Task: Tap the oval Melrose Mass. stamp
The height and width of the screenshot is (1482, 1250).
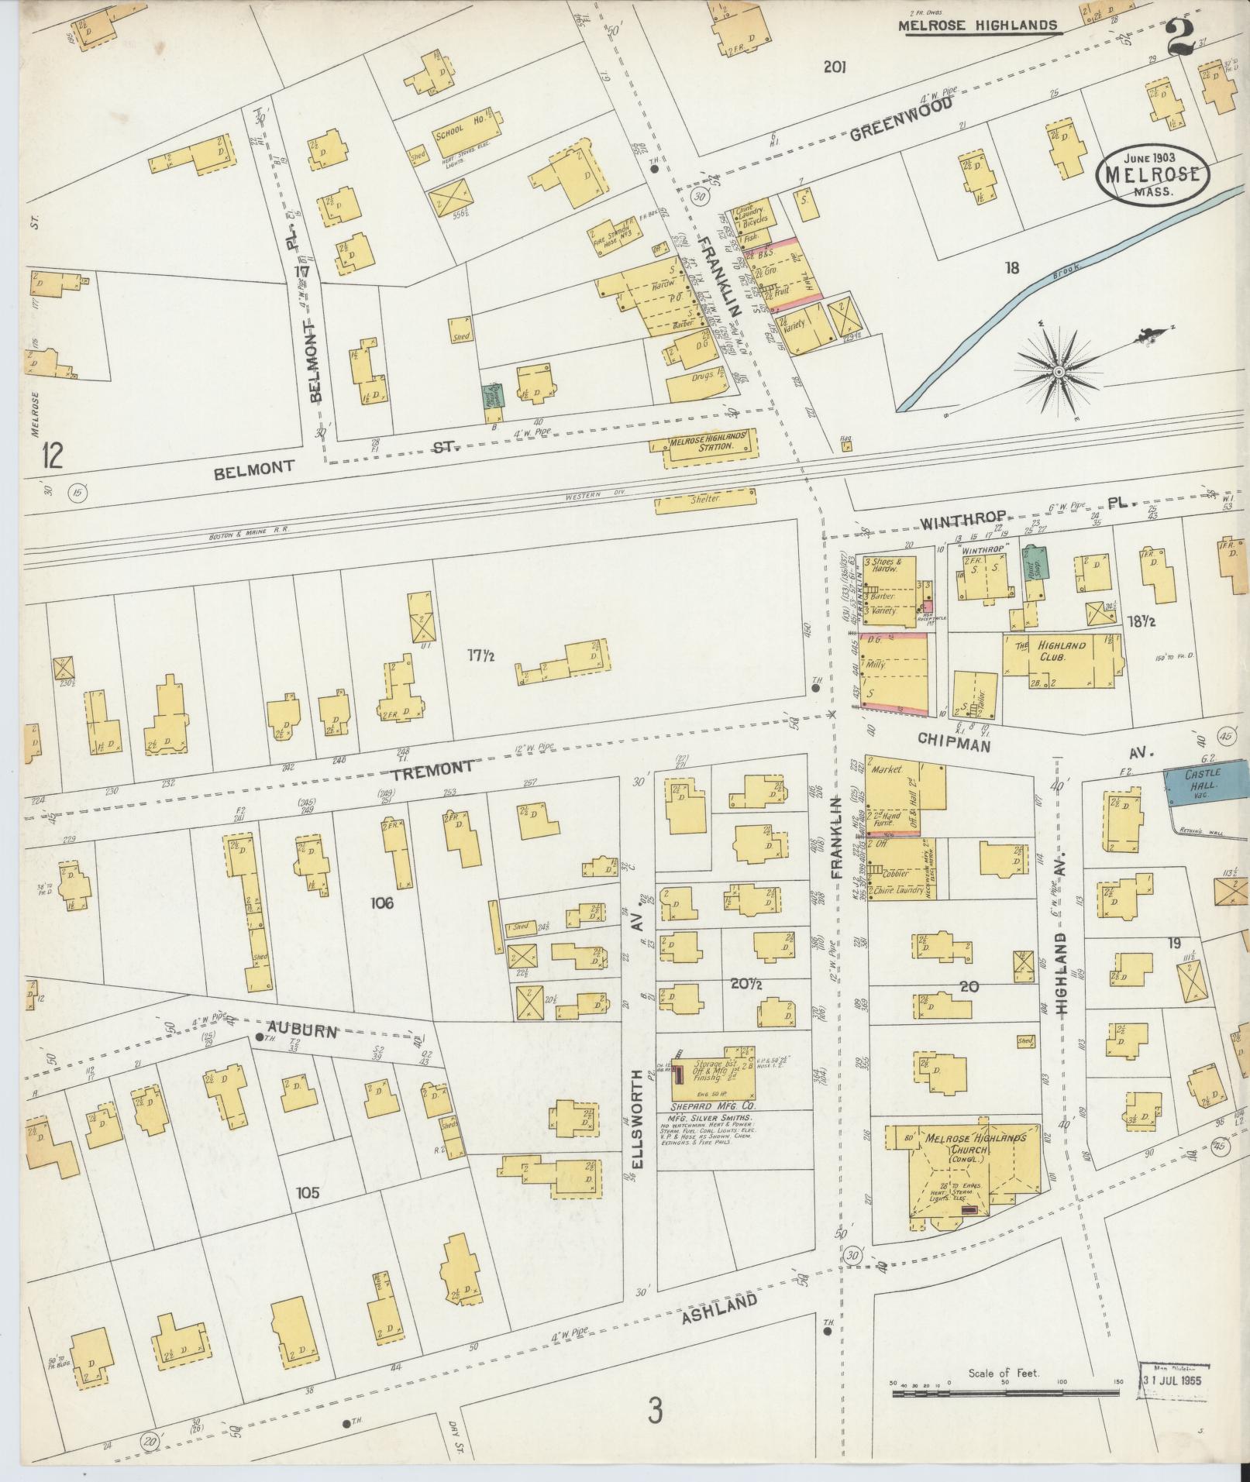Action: (x=1153, y=176)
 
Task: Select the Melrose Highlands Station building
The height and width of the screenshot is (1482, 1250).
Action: (x=702, y=446)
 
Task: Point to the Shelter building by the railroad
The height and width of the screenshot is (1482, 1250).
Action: (x=704, y=500)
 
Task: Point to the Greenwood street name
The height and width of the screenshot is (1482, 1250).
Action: (x=899, y=122)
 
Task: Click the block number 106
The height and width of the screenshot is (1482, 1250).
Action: (x=382, y=903)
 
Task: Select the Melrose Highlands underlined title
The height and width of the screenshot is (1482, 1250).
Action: (x=978, y=26)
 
